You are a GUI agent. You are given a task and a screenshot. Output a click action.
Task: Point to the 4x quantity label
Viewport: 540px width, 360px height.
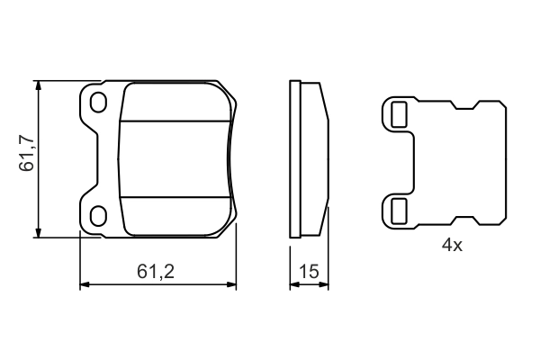pos(451,245)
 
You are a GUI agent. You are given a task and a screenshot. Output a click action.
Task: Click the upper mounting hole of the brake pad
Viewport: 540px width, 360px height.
pos(99,102)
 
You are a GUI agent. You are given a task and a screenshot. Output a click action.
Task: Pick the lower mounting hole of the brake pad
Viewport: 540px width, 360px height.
pos(99,213)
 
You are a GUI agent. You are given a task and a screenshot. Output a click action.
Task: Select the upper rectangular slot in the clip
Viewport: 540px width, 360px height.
pos(398,113)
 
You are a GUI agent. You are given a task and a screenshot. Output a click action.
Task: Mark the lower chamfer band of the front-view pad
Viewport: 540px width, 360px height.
pos(175,214)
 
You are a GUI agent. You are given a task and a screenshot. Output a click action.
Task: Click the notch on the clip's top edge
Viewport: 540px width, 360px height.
pos(465,107)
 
